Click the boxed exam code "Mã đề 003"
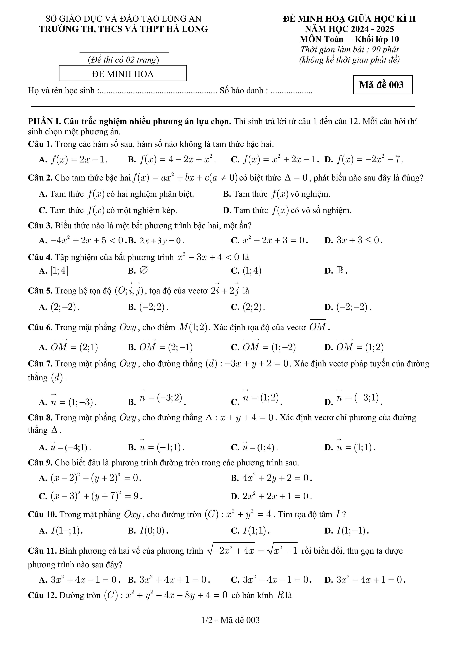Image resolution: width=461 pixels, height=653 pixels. [x=382, y=85]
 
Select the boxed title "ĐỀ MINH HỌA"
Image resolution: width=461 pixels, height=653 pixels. [x=123, y=74]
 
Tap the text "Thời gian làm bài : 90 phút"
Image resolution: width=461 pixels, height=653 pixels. [x=349, y=50]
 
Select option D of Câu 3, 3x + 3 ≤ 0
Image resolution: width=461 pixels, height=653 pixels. [x=359, y=241]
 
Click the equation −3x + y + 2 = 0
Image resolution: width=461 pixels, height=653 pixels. [x=257, y=364]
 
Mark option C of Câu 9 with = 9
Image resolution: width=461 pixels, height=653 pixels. [x=96, y=496]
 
